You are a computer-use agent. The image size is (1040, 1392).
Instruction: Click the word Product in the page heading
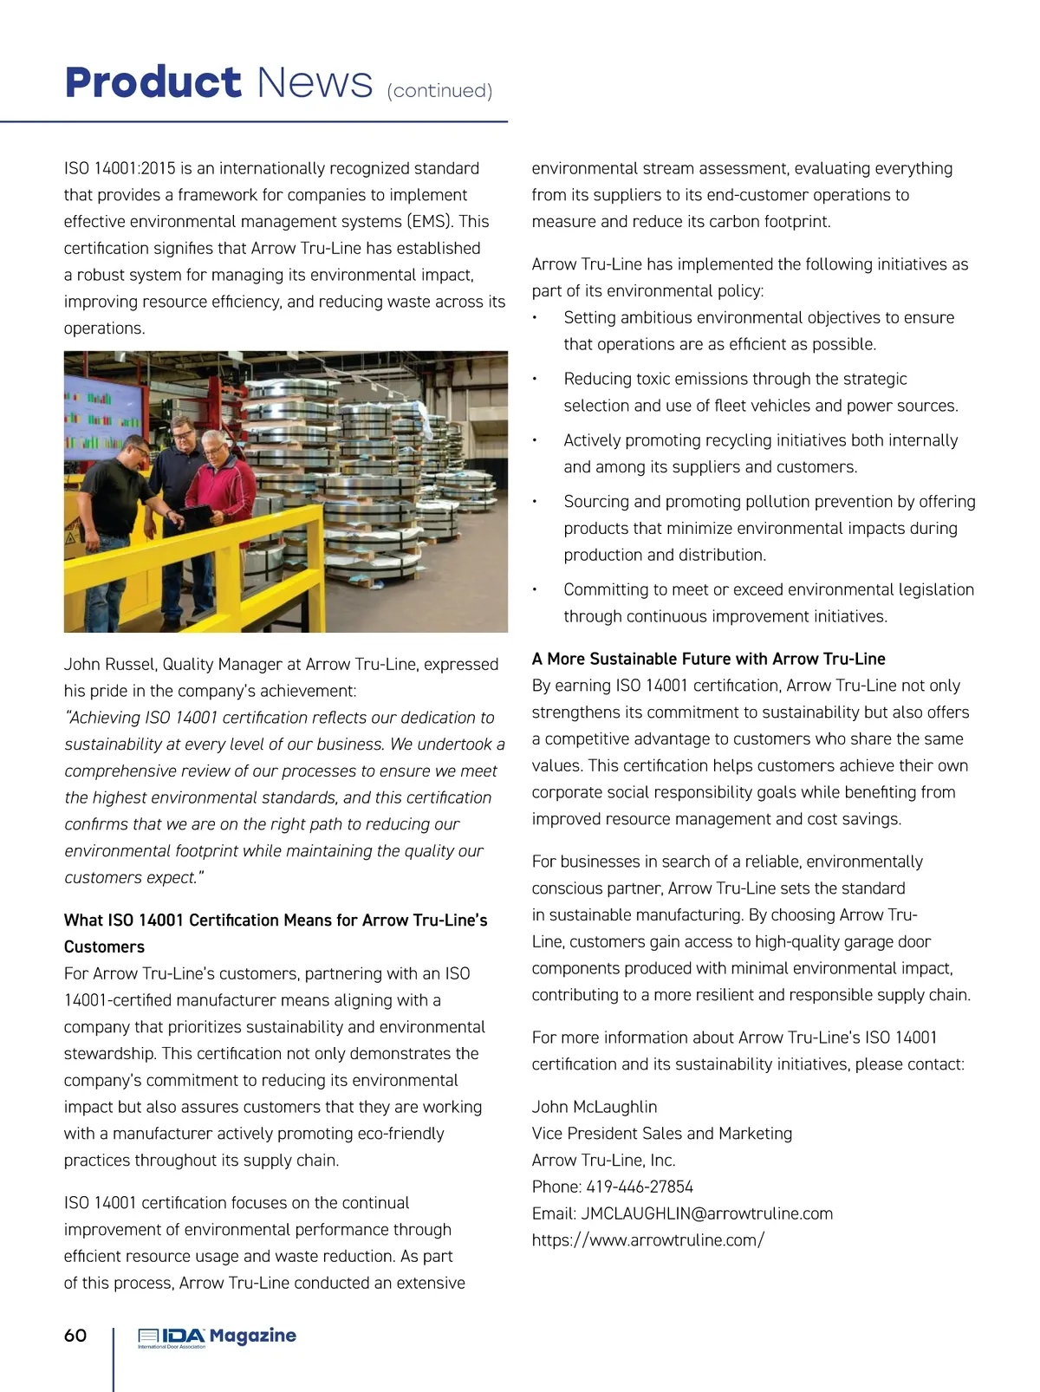click(153, 83)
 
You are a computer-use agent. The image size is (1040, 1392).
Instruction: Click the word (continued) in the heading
click(439, 91)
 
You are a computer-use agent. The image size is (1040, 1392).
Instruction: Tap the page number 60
click(75, 1335)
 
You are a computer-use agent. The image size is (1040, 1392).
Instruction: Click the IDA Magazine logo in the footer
click(217, 1337)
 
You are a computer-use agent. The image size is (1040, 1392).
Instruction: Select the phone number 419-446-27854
click(640, 1187)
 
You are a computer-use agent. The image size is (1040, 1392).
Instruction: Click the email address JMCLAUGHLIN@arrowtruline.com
click(706, 1213)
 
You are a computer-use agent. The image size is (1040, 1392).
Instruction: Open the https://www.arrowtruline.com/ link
click(647, 1239)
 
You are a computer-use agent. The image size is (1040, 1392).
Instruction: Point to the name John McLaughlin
click(595, 1107)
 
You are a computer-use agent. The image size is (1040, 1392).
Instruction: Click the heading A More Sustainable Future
click(708, 659)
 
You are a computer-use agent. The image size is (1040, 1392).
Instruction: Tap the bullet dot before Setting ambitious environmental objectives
click(536, 318)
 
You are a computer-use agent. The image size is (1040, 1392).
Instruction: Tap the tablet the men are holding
click(198, 517)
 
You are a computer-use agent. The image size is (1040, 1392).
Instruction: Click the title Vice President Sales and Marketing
click(661, 1134)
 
